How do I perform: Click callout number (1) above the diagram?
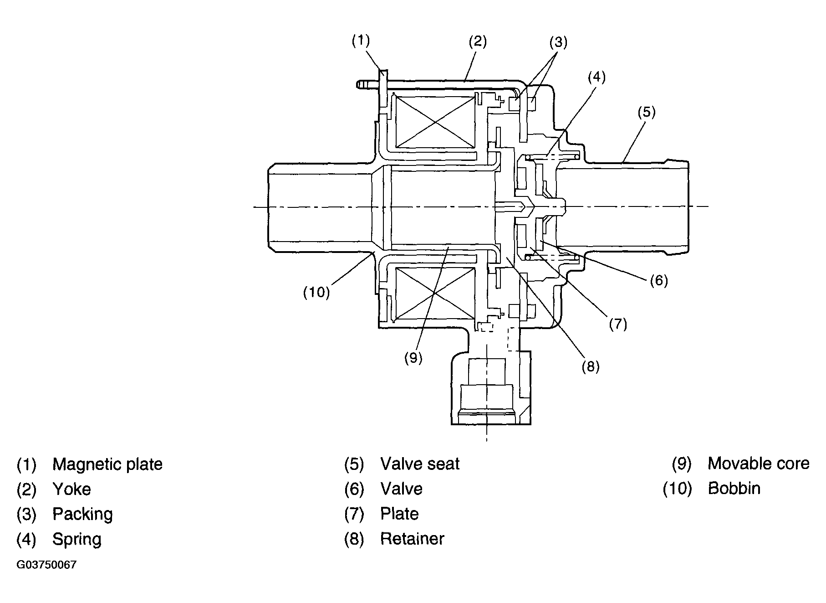[x=361, y=41]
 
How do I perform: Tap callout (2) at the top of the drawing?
[x=478, y=42]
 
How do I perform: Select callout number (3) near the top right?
[x=558, y=42]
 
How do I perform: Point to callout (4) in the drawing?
[x=596, y=77]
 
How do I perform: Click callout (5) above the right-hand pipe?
[x=646, y=112]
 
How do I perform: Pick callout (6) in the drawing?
[x=658, y=280]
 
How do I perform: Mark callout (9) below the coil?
[x=413, y=358]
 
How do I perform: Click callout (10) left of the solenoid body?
[x=316, y=292]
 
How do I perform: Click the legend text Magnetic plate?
[x=107, y=464]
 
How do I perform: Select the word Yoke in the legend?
[x=72, y=490]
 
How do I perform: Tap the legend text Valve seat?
[x=420, y=464]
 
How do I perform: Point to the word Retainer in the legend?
[x=412, y=539]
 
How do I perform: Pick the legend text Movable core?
[x=759, y=464]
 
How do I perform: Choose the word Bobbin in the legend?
[x=734, y=489]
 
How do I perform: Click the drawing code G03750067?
[x=47, y=565]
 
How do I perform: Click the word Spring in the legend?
[x=77, y=539]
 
